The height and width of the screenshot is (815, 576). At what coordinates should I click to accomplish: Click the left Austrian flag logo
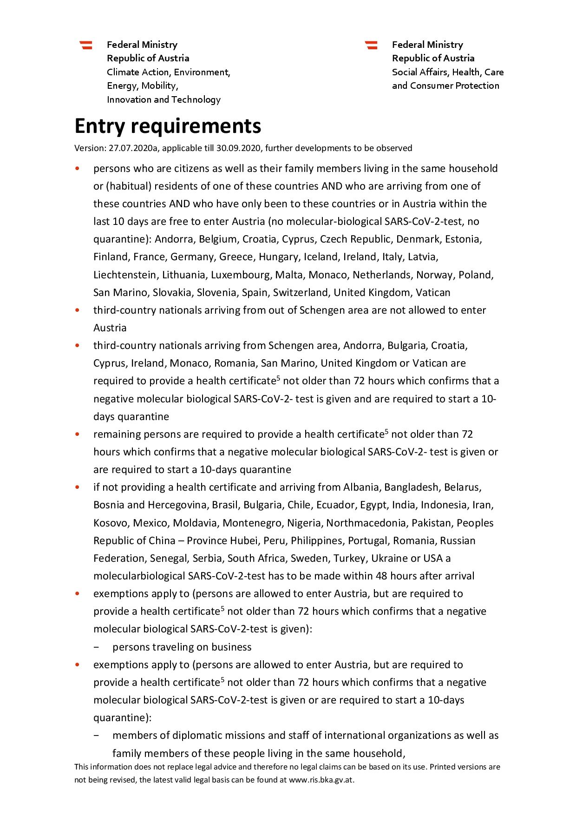point(86,45)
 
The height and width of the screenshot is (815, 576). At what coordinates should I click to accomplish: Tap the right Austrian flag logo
point(371,45)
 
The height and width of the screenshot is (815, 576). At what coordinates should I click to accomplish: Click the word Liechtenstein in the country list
point(125,275)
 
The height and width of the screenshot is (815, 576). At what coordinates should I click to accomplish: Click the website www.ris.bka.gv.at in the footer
point(321,780)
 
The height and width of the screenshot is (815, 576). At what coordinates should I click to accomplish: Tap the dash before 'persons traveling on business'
point(96,647)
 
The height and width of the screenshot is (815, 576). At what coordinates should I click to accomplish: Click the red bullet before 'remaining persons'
point(77,434)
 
